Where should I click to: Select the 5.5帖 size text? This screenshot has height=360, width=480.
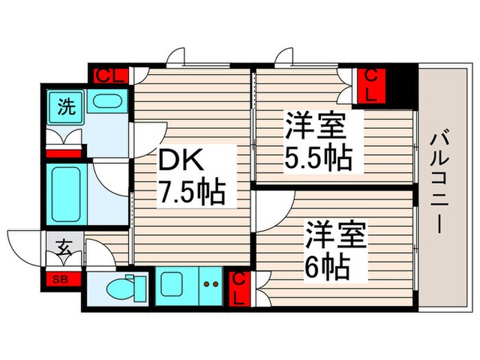coord(318,160)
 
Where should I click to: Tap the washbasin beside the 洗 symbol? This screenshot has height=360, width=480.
coord(107,104)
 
